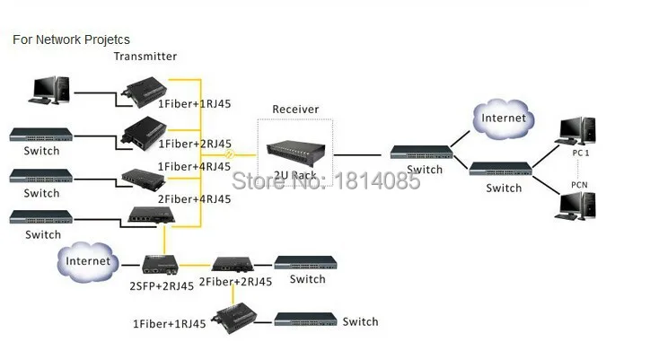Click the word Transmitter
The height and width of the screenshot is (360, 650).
[x=145, y=57]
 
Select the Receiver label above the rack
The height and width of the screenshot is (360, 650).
[x=295, y=110]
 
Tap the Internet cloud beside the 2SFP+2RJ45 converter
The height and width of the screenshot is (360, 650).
[x=88, y=262]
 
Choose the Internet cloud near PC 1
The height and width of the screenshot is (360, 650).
[x=504, y=119]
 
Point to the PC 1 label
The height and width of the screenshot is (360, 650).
[x=580, y=153]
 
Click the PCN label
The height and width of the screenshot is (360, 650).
[x=579, y=185]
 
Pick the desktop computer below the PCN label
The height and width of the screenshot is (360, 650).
[x=575, y=206]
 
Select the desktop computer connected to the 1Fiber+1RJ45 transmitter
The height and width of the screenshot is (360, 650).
[x=49, y=90]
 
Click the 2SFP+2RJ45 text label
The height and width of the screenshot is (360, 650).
[x=162, y=286]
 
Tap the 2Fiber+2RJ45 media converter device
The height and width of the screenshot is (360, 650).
[x=233, y=264]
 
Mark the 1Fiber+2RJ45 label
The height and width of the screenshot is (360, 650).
[x=195, y=144]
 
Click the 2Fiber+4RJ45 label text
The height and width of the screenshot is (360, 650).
[x=195, y=199]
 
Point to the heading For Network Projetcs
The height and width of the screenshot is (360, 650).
[x=71, y=40]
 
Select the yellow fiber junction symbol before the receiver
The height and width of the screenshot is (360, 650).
[x=229, y=154]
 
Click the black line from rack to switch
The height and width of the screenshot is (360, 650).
[x=357, y=155]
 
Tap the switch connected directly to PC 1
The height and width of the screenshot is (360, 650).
[x=500, y=169]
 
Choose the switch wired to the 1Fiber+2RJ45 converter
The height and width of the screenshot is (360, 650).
[x=41, y=135]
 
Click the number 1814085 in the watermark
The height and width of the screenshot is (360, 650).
[x=377, y=180]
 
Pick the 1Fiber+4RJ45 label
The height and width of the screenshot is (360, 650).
[x=194, y=167]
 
